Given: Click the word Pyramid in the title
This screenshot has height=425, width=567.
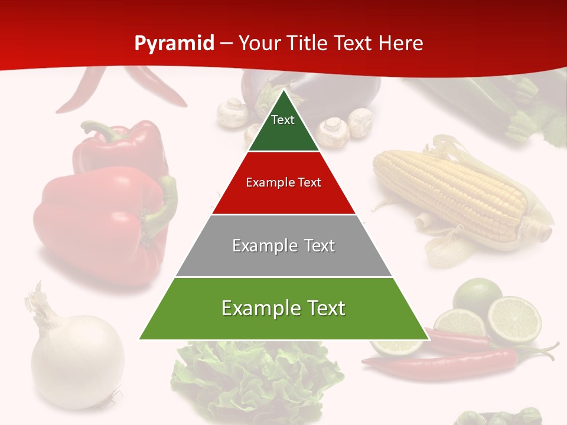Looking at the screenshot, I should coord(174,44).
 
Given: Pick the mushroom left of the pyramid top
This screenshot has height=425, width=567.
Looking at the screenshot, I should coord(232,112).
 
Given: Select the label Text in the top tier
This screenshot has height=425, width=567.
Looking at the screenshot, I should coord(282,120).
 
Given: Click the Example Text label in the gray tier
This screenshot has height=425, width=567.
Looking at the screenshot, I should coord(283,246).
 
